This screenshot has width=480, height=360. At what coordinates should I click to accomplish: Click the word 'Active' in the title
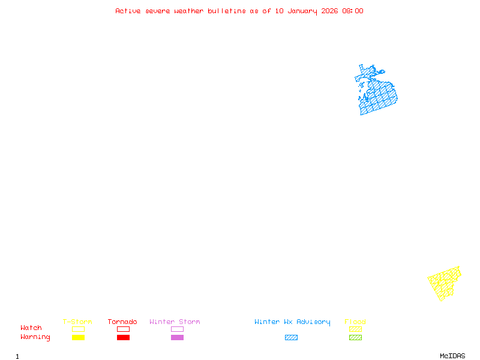click(x=128, y=11)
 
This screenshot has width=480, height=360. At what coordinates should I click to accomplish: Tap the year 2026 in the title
click(x=329, y=11)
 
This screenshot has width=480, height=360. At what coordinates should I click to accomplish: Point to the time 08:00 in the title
click(x=353, y=11)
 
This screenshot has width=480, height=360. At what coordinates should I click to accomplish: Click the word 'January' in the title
click(x=302, y=11)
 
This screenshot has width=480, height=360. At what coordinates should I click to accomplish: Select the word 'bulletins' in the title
click(x=227, y=11)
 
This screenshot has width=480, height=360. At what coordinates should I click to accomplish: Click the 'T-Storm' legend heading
click(x=77, y=322)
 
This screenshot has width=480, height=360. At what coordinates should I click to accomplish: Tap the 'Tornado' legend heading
click(x=122, y=322)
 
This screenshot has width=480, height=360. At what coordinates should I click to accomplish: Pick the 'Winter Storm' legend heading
click(x=175, y=322)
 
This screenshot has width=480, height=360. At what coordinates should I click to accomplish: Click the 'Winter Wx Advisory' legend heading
click(x=292, y=322)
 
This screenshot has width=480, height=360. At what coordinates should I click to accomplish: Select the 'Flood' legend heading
click(x=355, y=322)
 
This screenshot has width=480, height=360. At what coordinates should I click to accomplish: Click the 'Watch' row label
click(x=31, y=328)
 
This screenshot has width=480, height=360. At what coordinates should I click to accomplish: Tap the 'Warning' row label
click(x=35, y=337)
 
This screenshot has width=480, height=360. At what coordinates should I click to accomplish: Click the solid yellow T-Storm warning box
click(x=79, y=337)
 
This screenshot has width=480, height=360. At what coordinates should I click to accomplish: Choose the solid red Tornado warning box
click(x=124, y=337)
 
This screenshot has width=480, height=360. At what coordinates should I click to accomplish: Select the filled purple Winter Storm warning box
click(x=177, y=337)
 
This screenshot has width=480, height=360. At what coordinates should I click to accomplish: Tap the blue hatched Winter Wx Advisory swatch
click(x=291, y=337)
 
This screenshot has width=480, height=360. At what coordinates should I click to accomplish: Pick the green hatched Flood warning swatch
click(x=355, y=337)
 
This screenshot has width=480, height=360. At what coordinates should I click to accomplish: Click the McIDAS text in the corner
click(x=452, y=356)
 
